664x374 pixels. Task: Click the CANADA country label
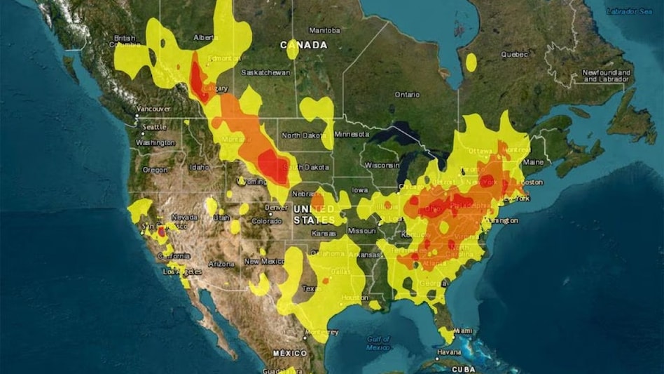tap(304, 45)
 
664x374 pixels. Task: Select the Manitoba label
tap(324, 30)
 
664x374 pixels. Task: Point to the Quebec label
tap(515, 54)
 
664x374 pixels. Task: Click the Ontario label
tap(407, 94)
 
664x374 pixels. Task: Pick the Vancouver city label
tap(153, 109)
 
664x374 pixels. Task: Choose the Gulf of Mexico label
tap(378, 342)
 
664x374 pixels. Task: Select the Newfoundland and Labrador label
tap(607, 76)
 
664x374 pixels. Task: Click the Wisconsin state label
tap(382, 165)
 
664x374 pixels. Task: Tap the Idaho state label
tap(199, 167)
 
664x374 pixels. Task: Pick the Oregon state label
tap(155, 170)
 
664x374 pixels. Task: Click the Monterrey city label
tap(323, 331)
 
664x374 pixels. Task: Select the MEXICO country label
tap(289, 352)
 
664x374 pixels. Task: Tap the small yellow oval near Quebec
tap(471, 62)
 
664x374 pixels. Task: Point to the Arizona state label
tap(221, 264)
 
